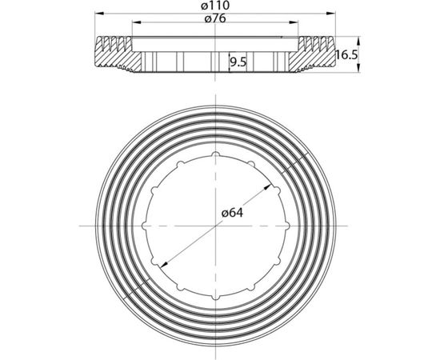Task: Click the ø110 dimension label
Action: [215, 6]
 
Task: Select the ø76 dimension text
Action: [215, 18]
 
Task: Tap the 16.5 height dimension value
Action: [346, 54]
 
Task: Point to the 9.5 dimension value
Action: [238, 62]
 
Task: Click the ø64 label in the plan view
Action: [232, 213]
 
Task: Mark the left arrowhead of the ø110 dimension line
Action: [99, 13]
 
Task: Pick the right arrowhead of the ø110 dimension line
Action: [331, 13]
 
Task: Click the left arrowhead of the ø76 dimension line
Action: [136, 22]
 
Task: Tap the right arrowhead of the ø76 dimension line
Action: [294, 22]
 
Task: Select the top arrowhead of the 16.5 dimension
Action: [358, 41]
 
